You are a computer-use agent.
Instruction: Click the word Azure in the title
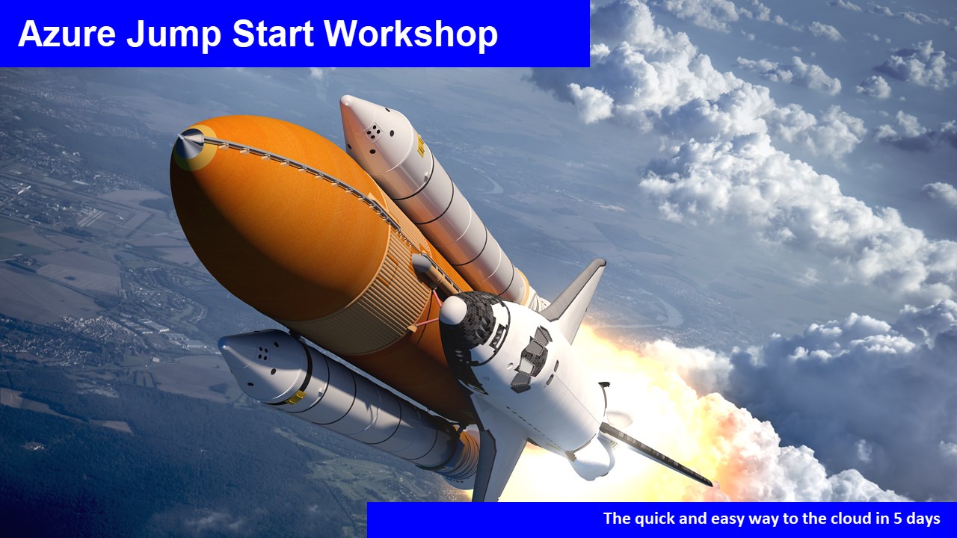click(67, 34)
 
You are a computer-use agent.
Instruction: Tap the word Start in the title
click(273, 34)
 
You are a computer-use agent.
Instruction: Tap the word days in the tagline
click(923, 519)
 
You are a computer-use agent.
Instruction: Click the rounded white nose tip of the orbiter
click(453, 309)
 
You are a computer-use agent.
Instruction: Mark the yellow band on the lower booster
click(296, 398)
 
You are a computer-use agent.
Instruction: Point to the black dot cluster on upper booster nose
click(373, 132)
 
